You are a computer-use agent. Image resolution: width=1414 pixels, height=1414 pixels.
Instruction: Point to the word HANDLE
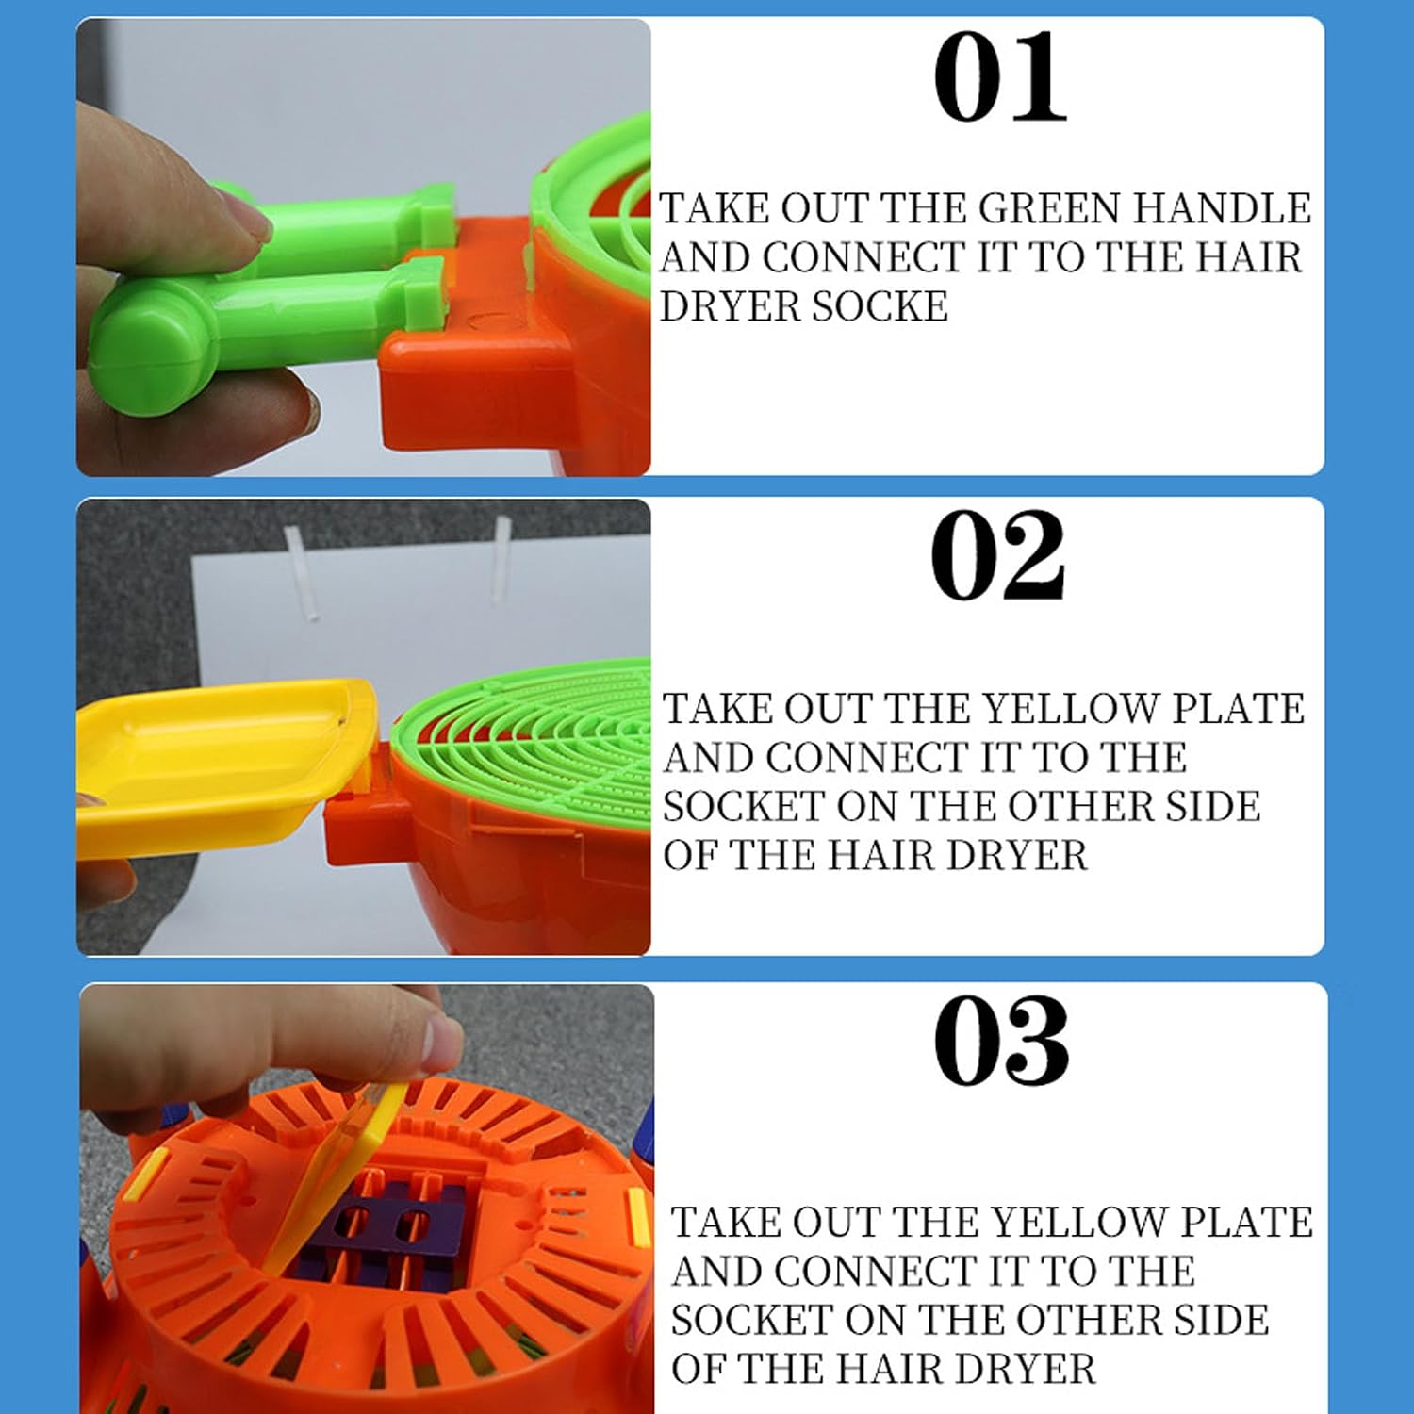tap(1222, 208)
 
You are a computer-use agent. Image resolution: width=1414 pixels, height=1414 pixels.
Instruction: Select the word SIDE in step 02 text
tap(1213, 806)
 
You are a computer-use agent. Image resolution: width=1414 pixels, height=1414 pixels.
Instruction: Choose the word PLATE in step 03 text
tap(1247, 1223)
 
